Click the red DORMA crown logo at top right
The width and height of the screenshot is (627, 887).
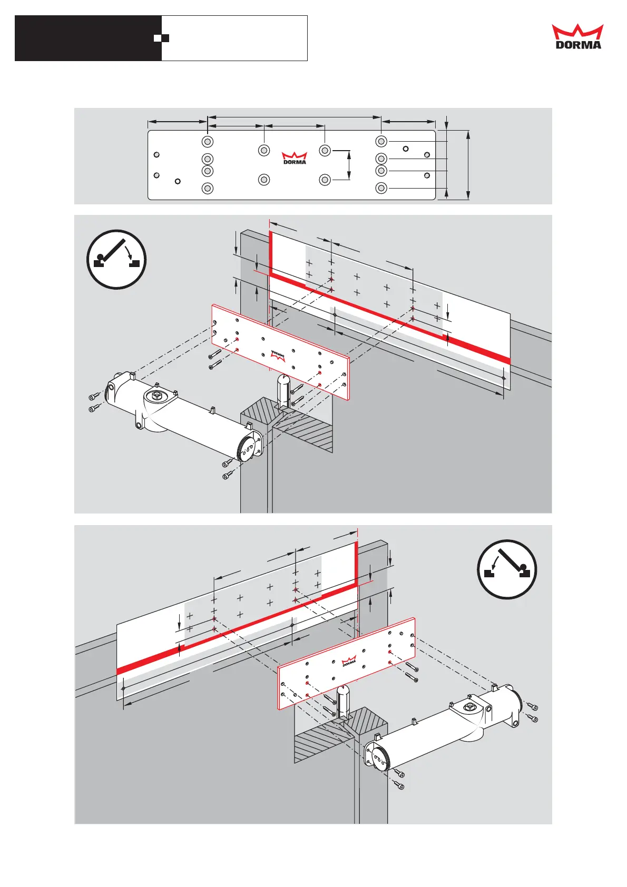point(577,36)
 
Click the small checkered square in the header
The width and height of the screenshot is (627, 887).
point(161,38)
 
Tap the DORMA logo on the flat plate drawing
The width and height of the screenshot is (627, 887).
point(295,158)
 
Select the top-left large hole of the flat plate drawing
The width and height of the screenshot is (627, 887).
point(208,141)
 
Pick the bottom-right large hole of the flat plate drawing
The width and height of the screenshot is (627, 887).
point(381,188)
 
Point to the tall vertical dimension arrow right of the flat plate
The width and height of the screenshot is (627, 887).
point(468,165)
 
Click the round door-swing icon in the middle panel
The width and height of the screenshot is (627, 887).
point(116,259)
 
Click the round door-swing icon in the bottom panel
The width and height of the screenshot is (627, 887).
point(507,569)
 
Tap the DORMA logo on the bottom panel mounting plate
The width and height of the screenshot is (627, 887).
point(349,661)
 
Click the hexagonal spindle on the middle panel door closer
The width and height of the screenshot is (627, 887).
point(156,395)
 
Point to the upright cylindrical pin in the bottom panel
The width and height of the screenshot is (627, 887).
point(343,701)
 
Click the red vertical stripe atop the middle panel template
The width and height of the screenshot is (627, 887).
point(271,253)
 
